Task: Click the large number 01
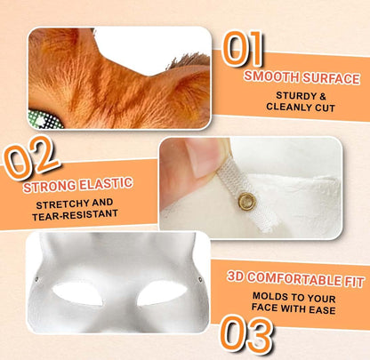(243, 48)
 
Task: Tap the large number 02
(31, 157)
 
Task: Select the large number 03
(246, 334)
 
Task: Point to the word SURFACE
(332, 78)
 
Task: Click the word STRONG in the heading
(50, 187)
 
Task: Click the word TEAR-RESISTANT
(75, 215)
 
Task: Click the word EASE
(322, 310)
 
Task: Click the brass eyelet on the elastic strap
(247, 202)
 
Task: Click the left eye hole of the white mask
(77, 294)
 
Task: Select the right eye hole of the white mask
(162, 293)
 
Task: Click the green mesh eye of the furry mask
(45, 120)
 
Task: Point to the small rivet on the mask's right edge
(200, 279)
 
